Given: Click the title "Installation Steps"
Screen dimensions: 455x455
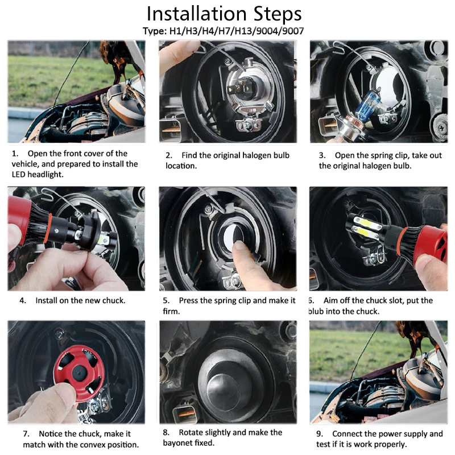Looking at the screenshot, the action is point(224,14).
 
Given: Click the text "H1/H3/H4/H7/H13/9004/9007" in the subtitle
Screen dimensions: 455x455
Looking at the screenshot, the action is point(237,31).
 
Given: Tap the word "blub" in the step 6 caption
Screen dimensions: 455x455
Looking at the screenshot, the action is point(316,311).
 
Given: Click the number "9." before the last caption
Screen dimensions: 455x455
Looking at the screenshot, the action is point(320,434).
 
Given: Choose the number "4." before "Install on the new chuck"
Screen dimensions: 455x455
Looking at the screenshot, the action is point(23,300).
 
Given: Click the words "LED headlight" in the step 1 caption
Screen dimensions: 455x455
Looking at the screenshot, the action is point(38,174).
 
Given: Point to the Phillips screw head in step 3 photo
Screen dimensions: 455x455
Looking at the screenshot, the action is point(442,127).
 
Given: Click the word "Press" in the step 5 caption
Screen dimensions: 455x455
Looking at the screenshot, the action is point(189,300).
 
